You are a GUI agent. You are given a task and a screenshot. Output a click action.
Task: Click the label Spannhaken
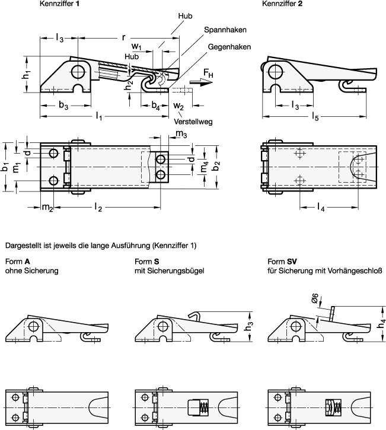point(225,29)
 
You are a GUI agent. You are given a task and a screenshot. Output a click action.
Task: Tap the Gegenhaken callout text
point(229,47)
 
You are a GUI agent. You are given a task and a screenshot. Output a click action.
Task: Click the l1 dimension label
point(98,117)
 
